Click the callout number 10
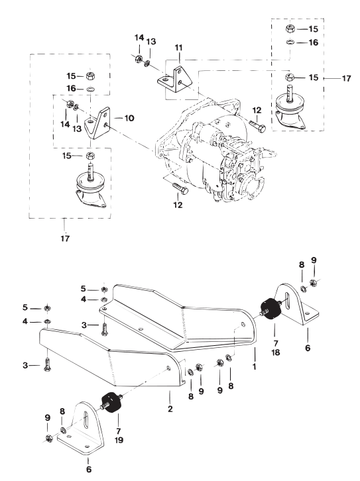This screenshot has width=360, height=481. [x=129, y=118]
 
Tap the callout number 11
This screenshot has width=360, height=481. [x=178, y=48]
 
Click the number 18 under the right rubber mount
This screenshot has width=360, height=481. [x=276, y=352]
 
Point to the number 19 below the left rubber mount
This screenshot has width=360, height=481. [x=119, y=440]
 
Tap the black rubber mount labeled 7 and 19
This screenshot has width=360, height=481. [x=111, y=402]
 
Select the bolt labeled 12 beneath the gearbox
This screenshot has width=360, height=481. [x=180, y=188]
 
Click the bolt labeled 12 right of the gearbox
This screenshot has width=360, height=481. [x=257, y=126]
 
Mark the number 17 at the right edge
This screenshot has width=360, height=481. [x=346, y=78]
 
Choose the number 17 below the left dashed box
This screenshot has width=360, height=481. [x=65, y=238]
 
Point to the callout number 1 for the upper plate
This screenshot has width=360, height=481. [x=254, y=366]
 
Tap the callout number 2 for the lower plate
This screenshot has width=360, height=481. [x=170, y=409]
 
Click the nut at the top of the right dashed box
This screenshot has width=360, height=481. [x=290, y=29]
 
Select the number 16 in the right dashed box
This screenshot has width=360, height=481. [x=313, y=42]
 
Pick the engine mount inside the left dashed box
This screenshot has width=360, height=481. [x=90, y=186]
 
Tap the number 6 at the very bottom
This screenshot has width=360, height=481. [x=89, y=469]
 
